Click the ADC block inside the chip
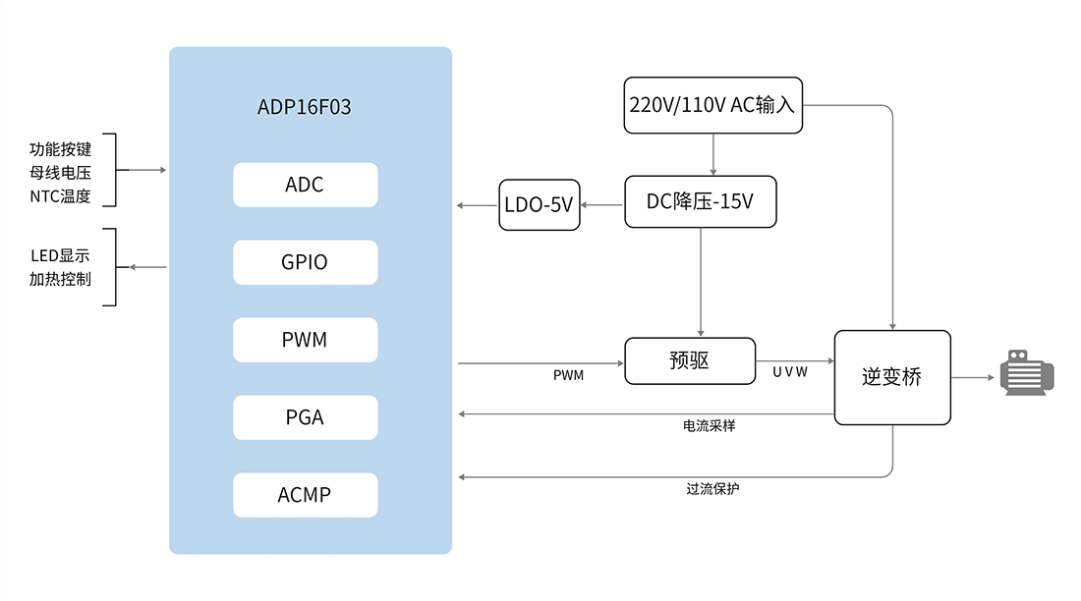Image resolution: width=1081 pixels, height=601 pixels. point(305,185)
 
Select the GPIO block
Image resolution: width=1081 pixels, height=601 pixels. point(305,262)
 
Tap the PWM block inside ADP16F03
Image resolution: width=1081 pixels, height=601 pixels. point(305,340)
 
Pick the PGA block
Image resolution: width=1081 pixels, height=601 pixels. point(305,417)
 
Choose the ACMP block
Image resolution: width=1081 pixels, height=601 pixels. point(305,495)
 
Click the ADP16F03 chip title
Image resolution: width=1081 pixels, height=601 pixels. point(304,108)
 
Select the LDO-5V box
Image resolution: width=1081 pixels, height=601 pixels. point(539,205)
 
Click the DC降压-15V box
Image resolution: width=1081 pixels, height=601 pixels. point(700,201)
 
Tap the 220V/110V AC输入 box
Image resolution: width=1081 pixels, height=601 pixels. point(713,105)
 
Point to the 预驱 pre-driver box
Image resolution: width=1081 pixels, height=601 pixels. point(690,361)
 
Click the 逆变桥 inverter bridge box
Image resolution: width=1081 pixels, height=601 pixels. point(892,377)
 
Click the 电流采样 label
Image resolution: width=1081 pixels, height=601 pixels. point(710,427)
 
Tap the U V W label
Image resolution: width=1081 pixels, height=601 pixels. point(790,372)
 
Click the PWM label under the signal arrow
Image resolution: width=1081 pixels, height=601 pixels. point(568,375)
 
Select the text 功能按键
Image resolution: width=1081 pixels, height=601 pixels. point(60,149)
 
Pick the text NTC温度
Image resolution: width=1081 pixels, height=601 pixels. point(60,194)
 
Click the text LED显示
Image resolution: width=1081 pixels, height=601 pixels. point(60,256)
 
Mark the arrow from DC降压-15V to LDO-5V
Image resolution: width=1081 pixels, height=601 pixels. point(601,205)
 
